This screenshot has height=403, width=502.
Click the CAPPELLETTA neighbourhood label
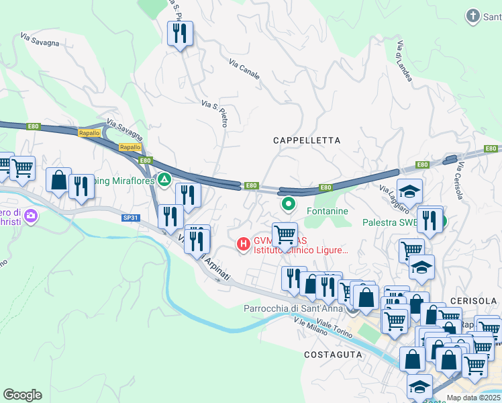click(307, 140)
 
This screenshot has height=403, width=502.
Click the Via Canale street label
click(244, 68)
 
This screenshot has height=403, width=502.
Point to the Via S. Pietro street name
click(215, 113)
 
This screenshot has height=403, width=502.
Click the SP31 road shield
click(130, 218)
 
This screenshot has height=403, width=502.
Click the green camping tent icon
click(163, 179)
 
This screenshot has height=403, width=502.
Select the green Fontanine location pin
click(289, 203)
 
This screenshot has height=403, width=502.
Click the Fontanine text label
click(327, 211)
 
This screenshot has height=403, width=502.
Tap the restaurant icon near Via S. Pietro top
click(179, 33)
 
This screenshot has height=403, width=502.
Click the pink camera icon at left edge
click(32, 216)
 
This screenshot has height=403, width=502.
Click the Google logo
click(22, 395)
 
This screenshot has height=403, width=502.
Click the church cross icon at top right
click(473, 15)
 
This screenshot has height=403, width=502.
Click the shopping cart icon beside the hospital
click(285, 234)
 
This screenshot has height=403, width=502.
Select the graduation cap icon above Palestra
click(409, 191)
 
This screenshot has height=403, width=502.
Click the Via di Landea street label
click(405, 60)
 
